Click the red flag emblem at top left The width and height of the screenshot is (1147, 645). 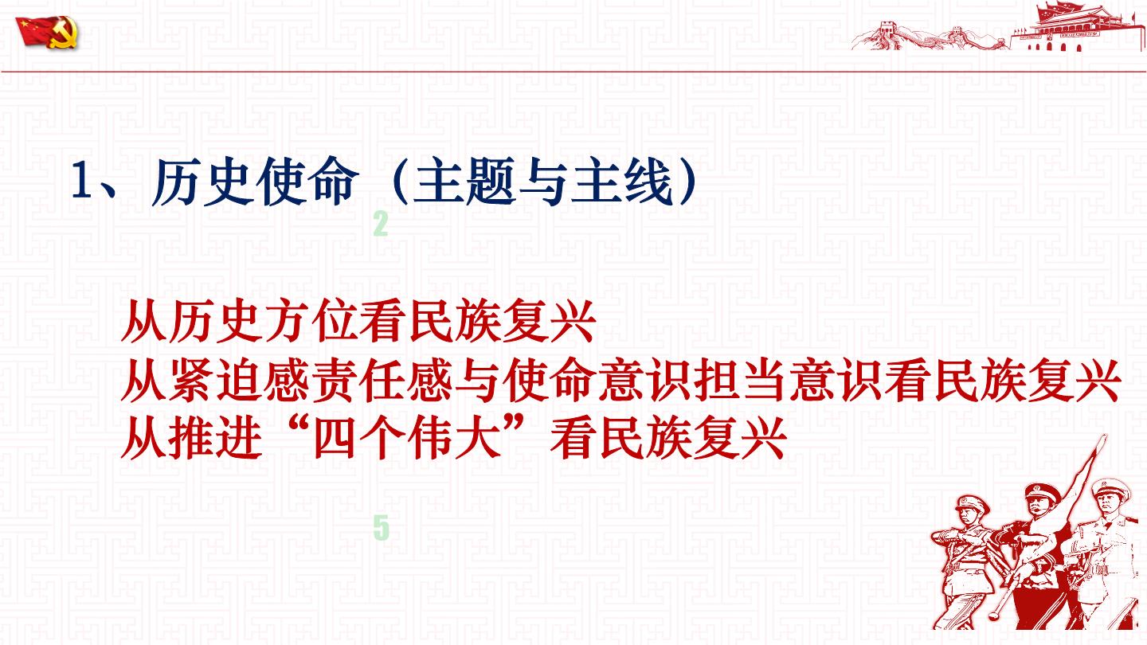48,32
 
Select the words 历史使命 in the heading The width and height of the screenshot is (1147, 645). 252,182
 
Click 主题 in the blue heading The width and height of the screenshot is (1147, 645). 464,182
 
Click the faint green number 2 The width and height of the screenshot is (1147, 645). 381,224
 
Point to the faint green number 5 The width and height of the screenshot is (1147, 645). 381,528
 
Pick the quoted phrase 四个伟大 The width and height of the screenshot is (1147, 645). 406,438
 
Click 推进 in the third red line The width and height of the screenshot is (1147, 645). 216,438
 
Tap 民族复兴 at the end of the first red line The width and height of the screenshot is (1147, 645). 503,322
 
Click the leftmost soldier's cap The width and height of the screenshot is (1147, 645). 973,504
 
